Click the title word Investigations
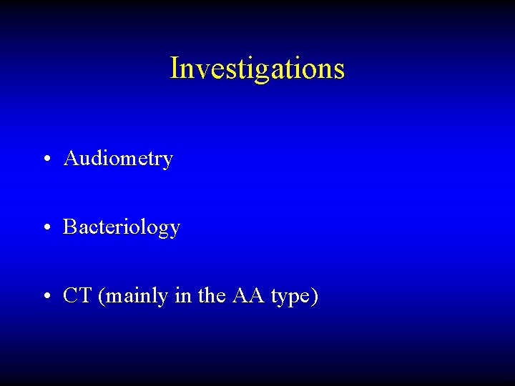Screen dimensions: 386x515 tap(257, 69)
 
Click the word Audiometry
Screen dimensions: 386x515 tap(118, 159)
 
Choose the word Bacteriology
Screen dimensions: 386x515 tap(122, 227)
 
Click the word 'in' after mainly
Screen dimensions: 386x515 tap(182, 295)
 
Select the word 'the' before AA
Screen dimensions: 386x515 tap(211, 295)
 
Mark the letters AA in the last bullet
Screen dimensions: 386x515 tap(248, 295)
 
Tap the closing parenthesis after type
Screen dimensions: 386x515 tap(315, 296)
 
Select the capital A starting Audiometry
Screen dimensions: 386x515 tap(71, 158)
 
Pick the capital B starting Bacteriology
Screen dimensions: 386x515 tap(69, 227)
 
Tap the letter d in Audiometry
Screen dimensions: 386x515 tap(95, 158)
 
